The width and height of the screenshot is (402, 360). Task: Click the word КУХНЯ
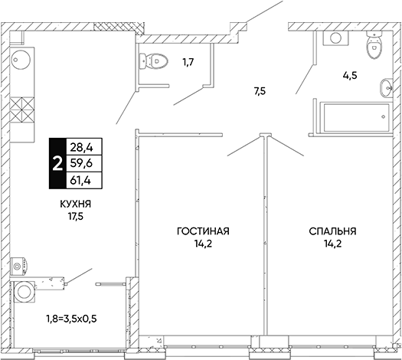point(76,205)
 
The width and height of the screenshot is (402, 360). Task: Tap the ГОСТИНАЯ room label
point(203,231)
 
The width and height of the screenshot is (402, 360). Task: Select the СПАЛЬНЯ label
point(332,231)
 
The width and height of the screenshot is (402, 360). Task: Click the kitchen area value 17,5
point(76,217)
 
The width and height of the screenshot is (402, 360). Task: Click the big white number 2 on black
point(57,164)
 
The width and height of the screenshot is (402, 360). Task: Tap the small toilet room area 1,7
point(188,62)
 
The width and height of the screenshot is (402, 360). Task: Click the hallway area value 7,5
point(260,91)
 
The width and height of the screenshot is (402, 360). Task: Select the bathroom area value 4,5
point(350,76)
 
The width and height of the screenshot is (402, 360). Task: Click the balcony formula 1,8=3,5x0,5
point(71,319)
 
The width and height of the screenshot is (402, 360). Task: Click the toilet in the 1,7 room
point(154,61)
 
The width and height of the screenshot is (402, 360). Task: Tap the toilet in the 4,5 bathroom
point(374,45)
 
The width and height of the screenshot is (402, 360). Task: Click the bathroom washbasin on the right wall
point(386,88)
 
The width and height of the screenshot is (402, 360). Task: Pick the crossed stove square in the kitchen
point(22,110)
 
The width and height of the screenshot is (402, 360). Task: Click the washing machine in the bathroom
point(335,38)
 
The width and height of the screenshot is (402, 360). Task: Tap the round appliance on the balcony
point(25,291)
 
